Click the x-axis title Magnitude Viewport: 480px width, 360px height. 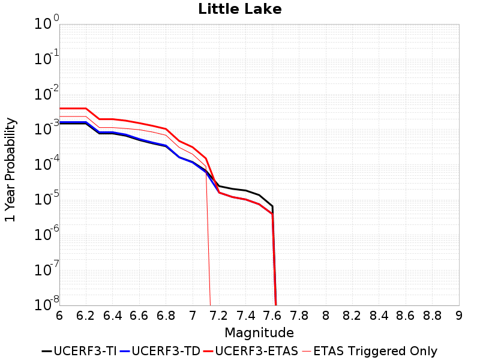(x=259, y=332)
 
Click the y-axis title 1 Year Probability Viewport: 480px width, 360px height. (x=10, y=170)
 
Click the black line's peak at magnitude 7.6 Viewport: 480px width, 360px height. (x=272, y=206)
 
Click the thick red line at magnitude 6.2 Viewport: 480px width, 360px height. (x=86, y=109)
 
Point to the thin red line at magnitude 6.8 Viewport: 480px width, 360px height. (x=166, y=135)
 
